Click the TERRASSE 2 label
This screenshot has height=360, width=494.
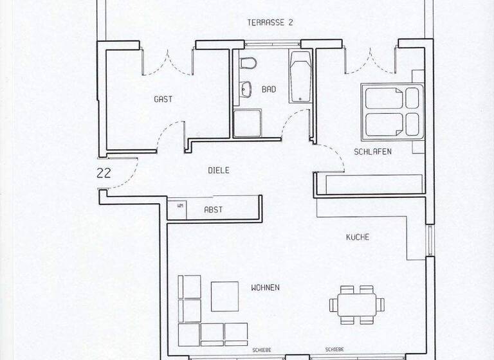pyautogui.click(x=270, y=22)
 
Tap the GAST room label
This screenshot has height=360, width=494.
pyautogui.click(x=163, y=100)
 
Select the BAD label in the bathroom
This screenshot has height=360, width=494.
pyautogui.click(x=269, y=90)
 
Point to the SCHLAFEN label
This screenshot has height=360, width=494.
pyautogui.click(x=372, y=152)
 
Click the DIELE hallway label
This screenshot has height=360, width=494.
pyautogui.click(x=219, y=170)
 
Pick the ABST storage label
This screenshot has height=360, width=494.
pyautogui.click(x=213, y=210)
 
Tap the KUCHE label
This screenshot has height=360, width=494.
pyautogui.click(x=358, y=237)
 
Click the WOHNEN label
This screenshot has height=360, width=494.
pyautogui.click(x=265, y=287)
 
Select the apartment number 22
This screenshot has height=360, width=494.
pyautogui.click(x=103, y=172)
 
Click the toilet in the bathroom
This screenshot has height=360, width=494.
pyautogui.click(x=247, y=64)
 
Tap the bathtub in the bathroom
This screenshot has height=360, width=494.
pyautogui.click(x=300, y=76)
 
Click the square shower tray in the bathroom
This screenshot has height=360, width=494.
pyautogui.click(x=247, y=123)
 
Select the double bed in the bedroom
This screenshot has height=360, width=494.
pyautogui.click(x=392, y=111)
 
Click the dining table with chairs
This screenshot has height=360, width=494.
pyautogui.click(x=357, y=303)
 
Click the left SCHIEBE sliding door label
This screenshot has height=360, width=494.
pyautogui.click(x=262, y=349)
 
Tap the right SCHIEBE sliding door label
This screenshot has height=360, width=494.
pyautogui.click(x=334, y=349)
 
